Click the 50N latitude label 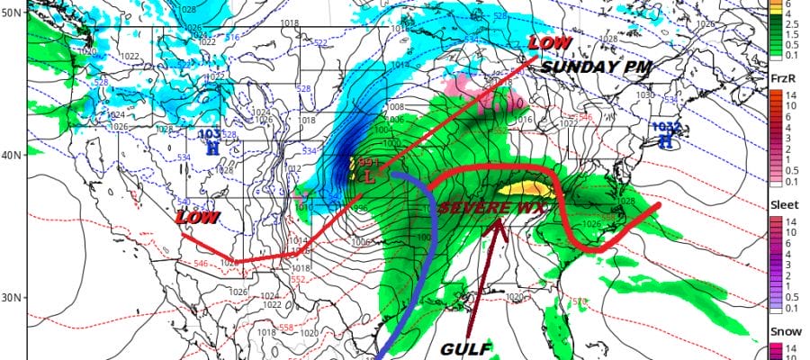click(x=11, y=13)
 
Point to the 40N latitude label click(x=11, y=155)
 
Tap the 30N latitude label click(x=11, y=298)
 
